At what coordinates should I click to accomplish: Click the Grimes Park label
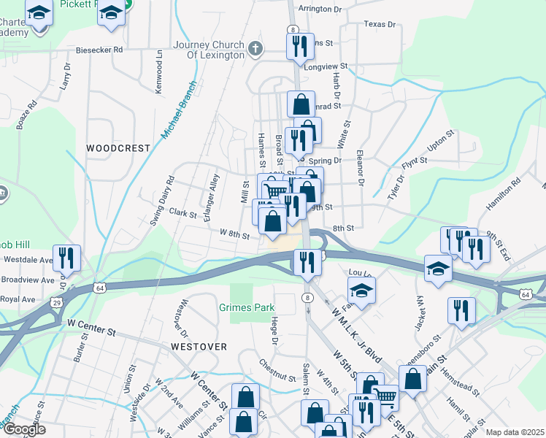tap(247, 307)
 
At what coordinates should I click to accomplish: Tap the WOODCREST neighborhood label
tap(118, 148)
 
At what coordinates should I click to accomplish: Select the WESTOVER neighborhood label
tap(199, 346)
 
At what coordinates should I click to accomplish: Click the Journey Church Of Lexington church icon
tap(255, 50)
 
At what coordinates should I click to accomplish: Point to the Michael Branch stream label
tap(180, 109)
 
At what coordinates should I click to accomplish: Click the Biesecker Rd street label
tap(99, 51)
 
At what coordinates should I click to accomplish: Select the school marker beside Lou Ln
tap(361, 291)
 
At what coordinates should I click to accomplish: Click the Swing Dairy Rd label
tap(162, 201)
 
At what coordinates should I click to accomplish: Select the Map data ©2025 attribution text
tap(514, 432)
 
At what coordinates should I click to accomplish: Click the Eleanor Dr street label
tap(360, 170)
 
